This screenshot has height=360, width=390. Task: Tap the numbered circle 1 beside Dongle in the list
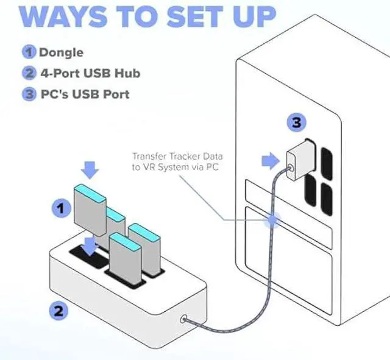click(30, 52)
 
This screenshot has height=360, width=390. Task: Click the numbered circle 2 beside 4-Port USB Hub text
click(30, 73)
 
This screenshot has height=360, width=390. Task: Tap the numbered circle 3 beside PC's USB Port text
click(30, 94)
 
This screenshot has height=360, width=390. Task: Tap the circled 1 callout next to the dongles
click(59, 209)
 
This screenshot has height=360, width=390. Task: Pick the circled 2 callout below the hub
click(58, 311)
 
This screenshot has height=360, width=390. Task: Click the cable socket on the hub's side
click(185, 317)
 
